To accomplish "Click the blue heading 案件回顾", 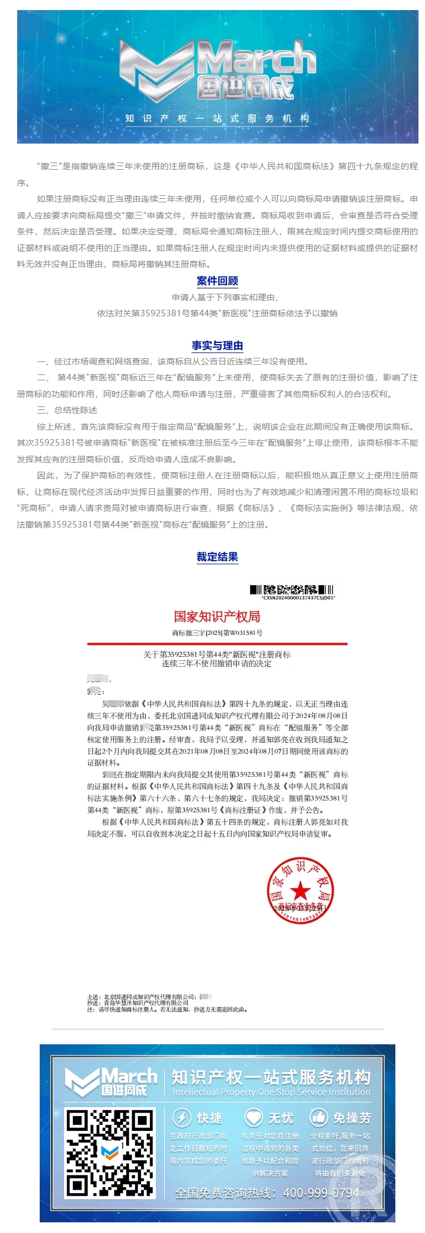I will pyautogui.click(x=217, y=281).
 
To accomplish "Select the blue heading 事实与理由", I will pyautogui.click(x=217, y=345).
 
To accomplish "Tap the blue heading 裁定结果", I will pyautogui.click(x=217, y=557).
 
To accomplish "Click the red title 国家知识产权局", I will pyautogui.click(x=217, y=616).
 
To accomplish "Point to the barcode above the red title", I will pyautogui.click(x=292, y=589).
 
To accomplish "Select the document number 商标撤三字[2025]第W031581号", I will pyautogui.click(x=217, y=633).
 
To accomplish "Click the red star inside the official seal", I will pyautogui.click(x=301, y=890).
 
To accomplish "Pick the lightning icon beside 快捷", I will pyautogui.click(x=181, y=1117).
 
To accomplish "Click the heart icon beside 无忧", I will pyautogui.click(x=254, y=1117).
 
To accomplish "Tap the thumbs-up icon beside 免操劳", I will pyautogui.click(x=319, y=1117).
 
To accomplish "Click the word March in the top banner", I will pyautogui.click(x=256, y=60).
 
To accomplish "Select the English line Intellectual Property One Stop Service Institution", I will pyautogui.click(x=271, y=1092).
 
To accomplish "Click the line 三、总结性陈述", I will pyautogui.click(x=67, y=410).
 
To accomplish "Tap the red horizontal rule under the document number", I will pyautogui.click(x=217, y=643).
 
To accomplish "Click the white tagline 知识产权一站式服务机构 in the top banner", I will pyautogui.click(x=217, y=118).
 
